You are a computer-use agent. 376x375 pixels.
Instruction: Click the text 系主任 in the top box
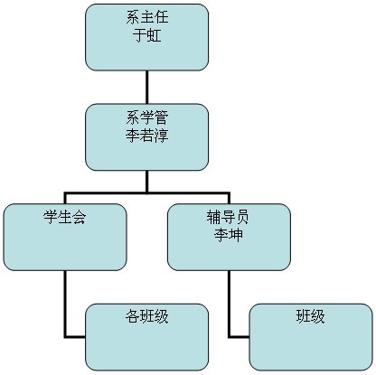[147, 17]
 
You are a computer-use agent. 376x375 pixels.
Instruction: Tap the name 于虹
[147, 35]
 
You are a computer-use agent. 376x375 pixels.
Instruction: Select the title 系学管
[147, 117]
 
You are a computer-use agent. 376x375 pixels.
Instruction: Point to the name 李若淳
[147, 136]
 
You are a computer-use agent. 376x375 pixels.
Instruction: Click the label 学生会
[65, 217]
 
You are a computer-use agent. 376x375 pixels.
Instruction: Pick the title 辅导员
[229, 217]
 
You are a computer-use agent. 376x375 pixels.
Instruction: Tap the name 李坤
[229, 235]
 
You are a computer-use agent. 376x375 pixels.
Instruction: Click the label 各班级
[147, 317]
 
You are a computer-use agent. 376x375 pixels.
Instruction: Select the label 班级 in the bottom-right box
[311, 317]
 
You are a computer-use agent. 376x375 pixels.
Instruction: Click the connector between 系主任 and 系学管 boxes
[147, 87]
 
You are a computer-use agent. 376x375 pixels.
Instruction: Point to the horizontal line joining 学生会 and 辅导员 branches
[147, 192]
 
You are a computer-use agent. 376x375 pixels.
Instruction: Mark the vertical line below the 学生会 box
[65, 304]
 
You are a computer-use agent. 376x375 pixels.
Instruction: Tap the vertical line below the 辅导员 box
[230, 304]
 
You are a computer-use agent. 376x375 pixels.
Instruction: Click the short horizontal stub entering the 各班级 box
[75, 336]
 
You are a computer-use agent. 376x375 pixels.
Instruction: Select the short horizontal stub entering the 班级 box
[240, 336]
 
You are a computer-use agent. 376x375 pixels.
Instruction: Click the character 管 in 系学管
[162, 117]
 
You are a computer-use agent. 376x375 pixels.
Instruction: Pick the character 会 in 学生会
[80, 217]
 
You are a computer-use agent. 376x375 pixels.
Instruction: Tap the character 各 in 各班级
[133, 317]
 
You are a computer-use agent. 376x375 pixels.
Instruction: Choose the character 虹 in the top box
[155, 35]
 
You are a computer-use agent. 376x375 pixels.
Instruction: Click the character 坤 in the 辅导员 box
[236, 235]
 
